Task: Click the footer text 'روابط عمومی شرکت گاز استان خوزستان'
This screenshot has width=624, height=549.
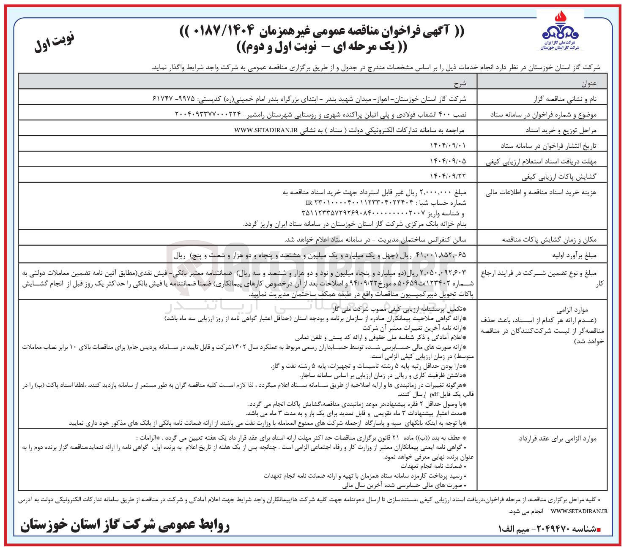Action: (x=125, y=525)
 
